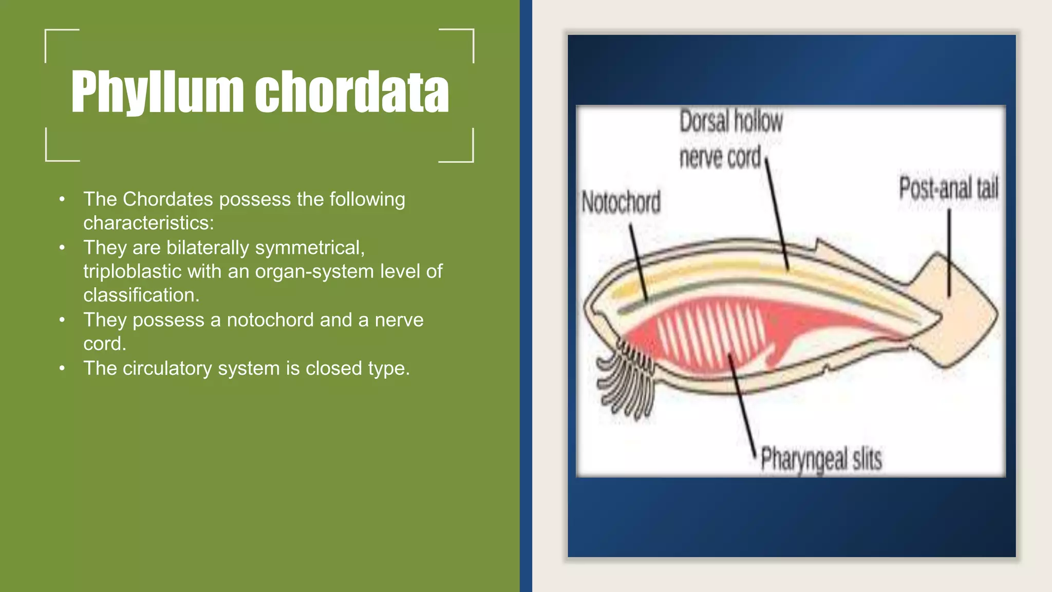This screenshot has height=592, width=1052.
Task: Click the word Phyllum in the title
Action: pyautogui.click(x=157, y=92)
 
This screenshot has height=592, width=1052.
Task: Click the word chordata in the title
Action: pyautogui.click(x=352, y=92)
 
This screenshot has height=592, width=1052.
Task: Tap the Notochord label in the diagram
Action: pyautogui.click(x=621, y=202)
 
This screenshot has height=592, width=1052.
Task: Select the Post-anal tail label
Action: pyautogui.click(x=948, y=188)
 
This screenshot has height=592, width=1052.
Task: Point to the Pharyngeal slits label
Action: pyautogui.click(x=821, y=459)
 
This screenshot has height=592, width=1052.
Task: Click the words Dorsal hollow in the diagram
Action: pyautogui.click(x=730, y=122)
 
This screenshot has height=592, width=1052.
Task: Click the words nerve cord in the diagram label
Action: pyautogui.click(x=720, y=157)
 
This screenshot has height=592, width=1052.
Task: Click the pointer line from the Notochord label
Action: pyautogui.click(x=638, y=262)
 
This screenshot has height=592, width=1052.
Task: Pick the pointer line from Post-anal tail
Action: pyautogui.click(x=949, y=252)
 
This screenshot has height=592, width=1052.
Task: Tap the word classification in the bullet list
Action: pyautogui.click(x=141, y=295)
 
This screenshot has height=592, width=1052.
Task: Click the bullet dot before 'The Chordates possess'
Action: pyautogui.click(x=62, y=199)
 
